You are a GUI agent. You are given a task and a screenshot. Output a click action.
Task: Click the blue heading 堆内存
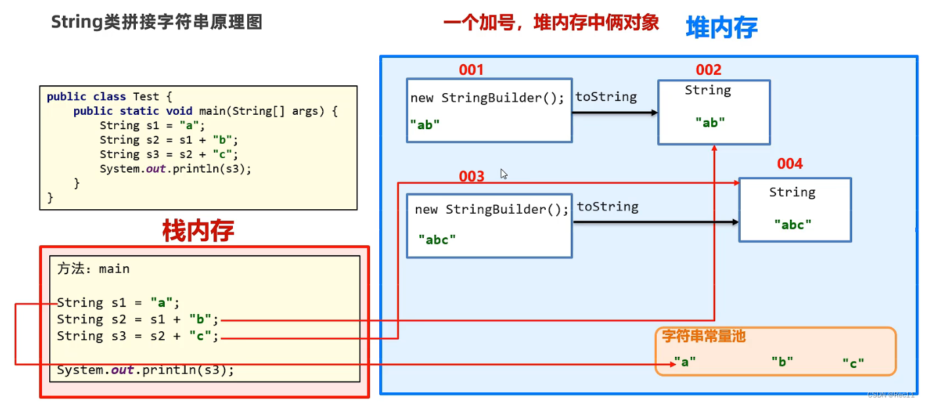tap(722, 28)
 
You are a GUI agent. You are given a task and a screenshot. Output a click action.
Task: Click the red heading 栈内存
tap(198, 231)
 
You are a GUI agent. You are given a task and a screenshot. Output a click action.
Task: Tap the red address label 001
tap(471, 70)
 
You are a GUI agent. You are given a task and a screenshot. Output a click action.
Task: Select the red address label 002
tap(709, 70)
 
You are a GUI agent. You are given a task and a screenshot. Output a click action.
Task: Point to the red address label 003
tap(472, 176)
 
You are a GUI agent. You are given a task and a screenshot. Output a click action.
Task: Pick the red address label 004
tap(790, 164)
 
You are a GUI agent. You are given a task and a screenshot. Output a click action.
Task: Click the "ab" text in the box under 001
tap(425, 125)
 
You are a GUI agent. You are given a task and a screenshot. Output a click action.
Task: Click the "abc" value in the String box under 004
tap(792, 224)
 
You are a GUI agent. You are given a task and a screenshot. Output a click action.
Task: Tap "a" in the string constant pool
tap(684, 361)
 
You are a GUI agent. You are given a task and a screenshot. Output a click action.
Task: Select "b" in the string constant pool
tap(782, 361)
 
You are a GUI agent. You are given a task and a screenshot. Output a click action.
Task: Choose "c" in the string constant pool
tap(853, 363)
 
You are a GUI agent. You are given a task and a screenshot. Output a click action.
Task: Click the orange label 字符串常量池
tap(704, 337)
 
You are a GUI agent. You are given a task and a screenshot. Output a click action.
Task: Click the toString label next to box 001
tap(606, 97)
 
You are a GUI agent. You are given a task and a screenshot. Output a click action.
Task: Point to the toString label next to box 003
tap(607, 207)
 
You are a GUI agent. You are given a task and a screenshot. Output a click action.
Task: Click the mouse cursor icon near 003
tap(504, 174)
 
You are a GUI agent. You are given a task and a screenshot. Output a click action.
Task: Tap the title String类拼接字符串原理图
tap(157, 22)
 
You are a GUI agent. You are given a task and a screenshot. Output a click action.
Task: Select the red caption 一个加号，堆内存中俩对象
tap(551, 22)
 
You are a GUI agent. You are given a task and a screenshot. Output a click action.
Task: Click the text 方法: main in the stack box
tap(93, 269)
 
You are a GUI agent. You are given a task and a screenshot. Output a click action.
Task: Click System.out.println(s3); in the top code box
tap(175, 169)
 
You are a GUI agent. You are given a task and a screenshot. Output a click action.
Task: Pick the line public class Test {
tap(109, 96)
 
